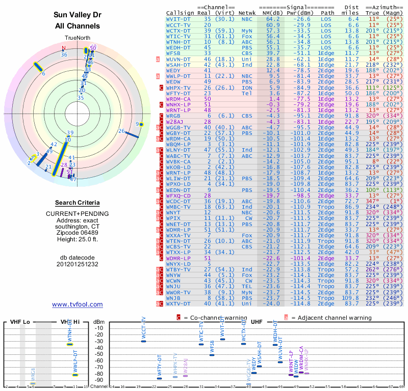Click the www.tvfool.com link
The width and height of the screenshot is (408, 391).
click(78, 304)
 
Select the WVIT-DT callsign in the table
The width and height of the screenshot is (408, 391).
click(179, 19)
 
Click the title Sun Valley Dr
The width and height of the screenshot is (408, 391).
click(77, 15)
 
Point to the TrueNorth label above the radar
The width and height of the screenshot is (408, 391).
click(77, 38)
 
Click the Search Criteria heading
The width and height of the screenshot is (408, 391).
click(77, 203)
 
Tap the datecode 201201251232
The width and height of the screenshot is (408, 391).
click(77, 264)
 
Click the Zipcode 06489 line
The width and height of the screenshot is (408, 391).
click(77, 234)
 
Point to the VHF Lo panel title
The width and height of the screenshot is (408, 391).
click(19, 322)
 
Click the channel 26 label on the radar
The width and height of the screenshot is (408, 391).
click(121, 131)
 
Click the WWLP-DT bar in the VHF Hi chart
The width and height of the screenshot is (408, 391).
click(75, 375)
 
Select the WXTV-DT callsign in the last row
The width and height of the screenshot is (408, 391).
click(179, 304)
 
